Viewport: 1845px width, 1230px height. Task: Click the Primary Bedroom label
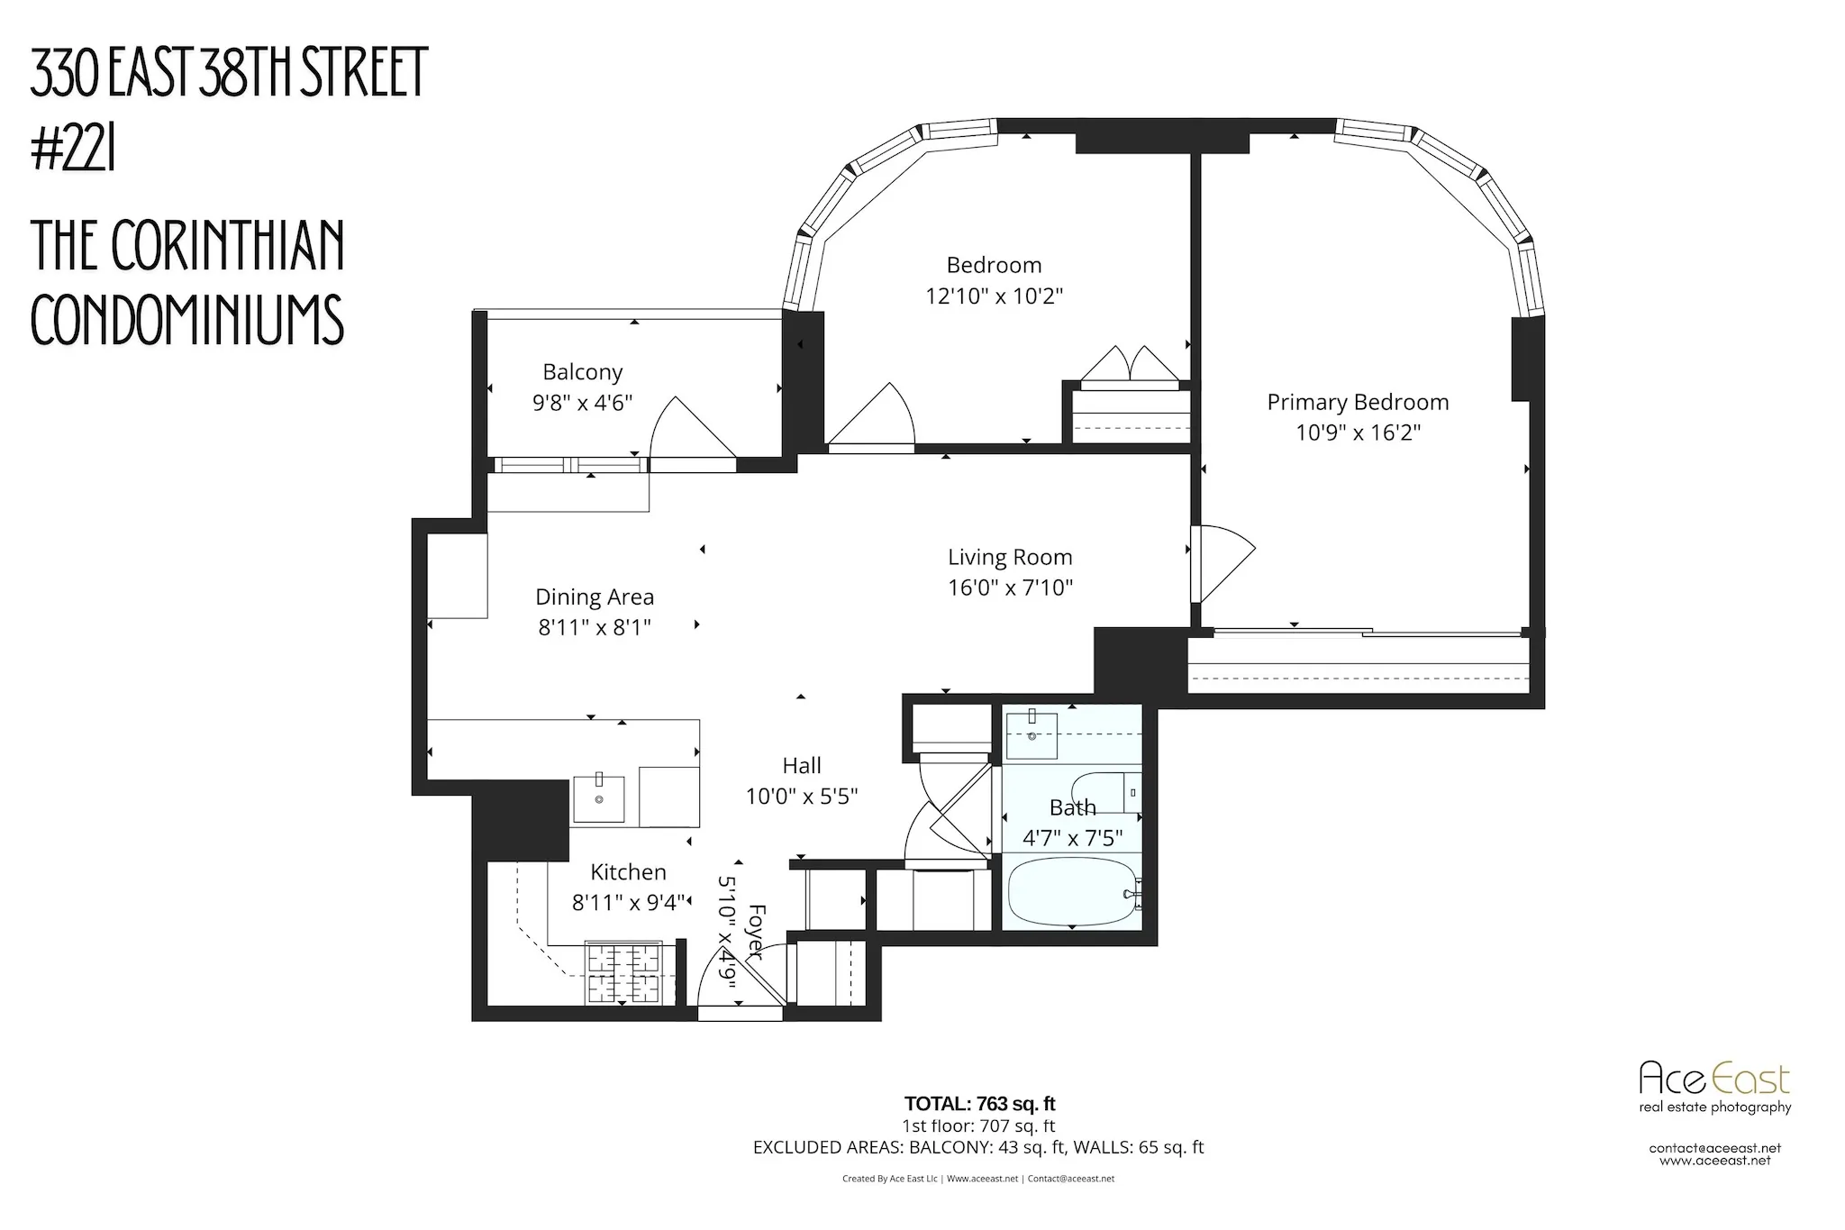pyautogui.click(x=1358, y=403)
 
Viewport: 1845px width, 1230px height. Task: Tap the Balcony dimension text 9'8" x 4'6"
pyautogui.click(x=583, y=403)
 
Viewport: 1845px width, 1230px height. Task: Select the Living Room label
pyautogui.click(x=1010, y=558)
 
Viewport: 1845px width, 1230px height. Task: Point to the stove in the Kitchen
pyautogui.click(x=624, y=972)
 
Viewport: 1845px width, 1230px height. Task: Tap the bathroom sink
pyautogui.click(x=1032, y=734)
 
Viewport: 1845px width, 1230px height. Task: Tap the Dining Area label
pyautogui.click(x=595, y=597)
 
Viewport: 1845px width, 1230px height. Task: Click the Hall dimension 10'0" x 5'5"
pyautogui.click(x=801, y=797)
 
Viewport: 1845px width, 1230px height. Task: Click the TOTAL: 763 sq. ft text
pyautogui.click(x=979, y=1104)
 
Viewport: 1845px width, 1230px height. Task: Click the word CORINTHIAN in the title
pyautogui.click(x=228, y=245)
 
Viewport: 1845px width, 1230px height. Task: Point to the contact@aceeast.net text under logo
pyautogui.click(x=1714, y=1148)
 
